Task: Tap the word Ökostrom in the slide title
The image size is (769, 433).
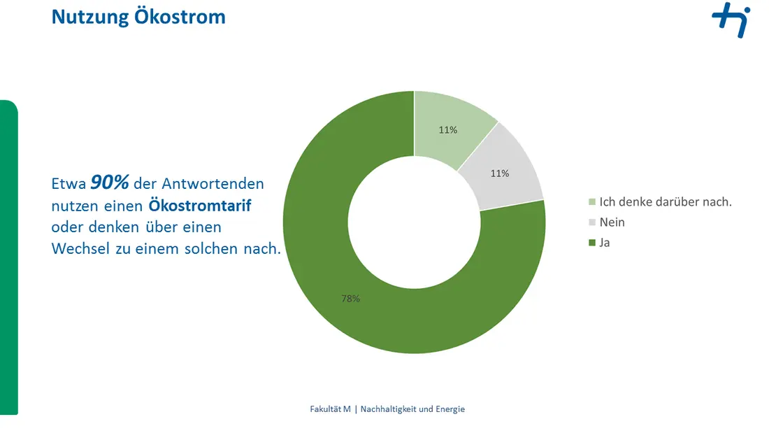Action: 180,15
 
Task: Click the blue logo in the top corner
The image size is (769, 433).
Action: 731,20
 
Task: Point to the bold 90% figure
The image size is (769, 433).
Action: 110,183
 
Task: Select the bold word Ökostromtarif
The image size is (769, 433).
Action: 200,205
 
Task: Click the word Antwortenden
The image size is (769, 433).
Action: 213,183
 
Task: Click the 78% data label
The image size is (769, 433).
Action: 351,299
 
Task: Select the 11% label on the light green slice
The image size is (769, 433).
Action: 447,130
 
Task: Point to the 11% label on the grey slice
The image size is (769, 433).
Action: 500,173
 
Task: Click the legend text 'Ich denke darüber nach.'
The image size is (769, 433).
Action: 666,201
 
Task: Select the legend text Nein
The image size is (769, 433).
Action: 612,222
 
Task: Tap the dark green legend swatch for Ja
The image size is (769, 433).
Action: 592,243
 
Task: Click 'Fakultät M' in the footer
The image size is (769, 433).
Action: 330,409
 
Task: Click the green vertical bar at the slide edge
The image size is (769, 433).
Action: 9,257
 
